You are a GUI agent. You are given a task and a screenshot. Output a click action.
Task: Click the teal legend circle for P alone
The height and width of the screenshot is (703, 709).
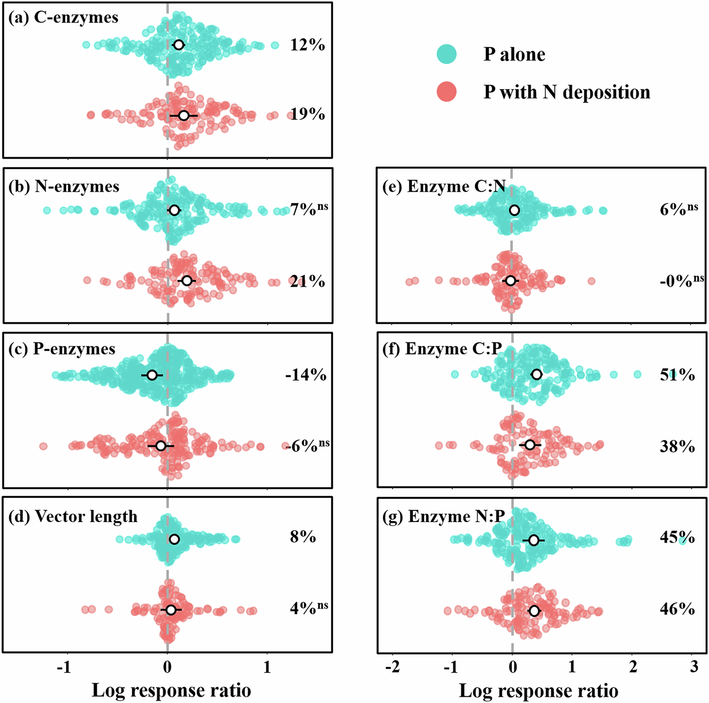tap(446, 54)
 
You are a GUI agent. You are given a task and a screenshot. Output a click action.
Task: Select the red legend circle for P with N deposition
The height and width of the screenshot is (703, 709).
tap(446, 92)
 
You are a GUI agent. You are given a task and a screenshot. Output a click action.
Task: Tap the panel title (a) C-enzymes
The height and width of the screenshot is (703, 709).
tap(64, 18)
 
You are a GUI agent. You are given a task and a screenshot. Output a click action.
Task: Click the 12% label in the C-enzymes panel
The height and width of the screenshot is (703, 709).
tap(308, 45)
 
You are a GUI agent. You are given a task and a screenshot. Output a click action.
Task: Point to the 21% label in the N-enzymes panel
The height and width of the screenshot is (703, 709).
tap(308, 281)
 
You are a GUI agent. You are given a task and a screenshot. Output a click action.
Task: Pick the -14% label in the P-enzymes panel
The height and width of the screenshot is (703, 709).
tap(306, 375)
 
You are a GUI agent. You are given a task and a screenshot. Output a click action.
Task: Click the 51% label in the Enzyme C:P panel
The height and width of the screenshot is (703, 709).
tap(677, 375)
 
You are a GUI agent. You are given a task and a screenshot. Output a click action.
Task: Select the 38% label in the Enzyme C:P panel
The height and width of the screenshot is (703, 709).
tap(677, 446)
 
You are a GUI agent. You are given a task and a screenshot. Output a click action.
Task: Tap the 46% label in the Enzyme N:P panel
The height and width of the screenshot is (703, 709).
tap(677, 609)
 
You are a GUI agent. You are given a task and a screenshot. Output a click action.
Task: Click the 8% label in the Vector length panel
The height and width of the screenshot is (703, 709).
tap(303, 537)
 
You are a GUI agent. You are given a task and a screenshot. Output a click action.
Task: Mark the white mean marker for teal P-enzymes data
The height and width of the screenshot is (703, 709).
tap(152, 375)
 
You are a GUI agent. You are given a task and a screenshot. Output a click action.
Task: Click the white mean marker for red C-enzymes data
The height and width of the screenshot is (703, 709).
tap(183, 115)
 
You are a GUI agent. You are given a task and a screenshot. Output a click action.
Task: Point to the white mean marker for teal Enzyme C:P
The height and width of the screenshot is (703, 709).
tap(536, 374)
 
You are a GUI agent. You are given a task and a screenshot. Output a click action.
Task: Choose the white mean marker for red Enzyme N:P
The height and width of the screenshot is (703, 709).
tap(534, 611)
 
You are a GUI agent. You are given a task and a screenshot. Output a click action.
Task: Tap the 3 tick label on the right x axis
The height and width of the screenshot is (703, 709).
tap(694, 668)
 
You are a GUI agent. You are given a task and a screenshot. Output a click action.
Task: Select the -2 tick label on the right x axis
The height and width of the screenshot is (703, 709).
tap(392, 668)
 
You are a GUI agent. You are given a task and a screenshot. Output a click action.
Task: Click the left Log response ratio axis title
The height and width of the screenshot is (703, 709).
tap(171, 690)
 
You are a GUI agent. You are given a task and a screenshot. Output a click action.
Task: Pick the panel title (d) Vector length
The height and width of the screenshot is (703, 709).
tap(73, 517)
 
